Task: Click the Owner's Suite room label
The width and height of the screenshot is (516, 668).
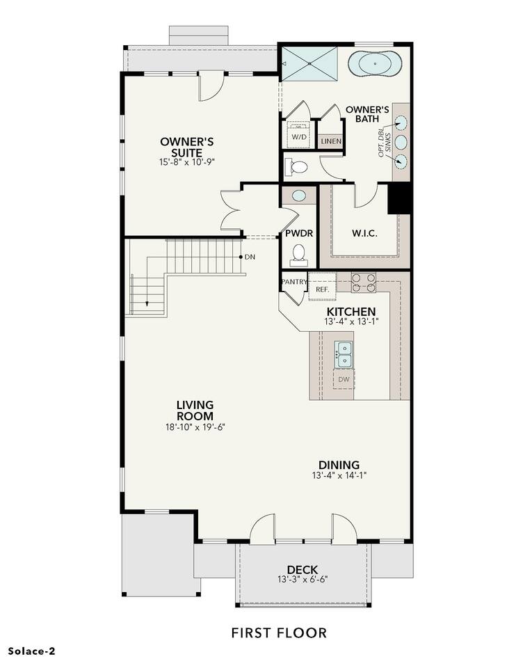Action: point(186,147)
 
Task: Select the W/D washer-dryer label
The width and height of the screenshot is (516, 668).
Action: point(298,137)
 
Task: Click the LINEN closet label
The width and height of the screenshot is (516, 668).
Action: point(331,141)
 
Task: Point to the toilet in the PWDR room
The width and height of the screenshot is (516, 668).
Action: point(299,253)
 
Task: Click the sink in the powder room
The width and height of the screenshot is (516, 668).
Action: point(299,196)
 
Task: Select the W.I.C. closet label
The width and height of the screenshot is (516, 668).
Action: point(364,234)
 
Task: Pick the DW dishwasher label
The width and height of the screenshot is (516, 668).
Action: point(344,379)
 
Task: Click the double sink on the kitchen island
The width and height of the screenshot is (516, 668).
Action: point(343,354)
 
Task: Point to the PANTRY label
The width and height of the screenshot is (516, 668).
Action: point(294,282)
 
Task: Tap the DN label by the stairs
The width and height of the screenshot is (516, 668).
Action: point(250,257)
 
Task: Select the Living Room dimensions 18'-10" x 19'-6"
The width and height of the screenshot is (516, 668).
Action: point(195,427)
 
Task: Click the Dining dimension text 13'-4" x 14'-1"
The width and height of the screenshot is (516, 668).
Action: point(339,475)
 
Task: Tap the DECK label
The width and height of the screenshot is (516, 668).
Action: point(303,570)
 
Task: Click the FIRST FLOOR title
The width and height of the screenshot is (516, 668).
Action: point(280,633)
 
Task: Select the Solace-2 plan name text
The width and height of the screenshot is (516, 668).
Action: point(32,651)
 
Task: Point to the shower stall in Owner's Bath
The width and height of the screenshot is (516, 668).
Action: point(309,63)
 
